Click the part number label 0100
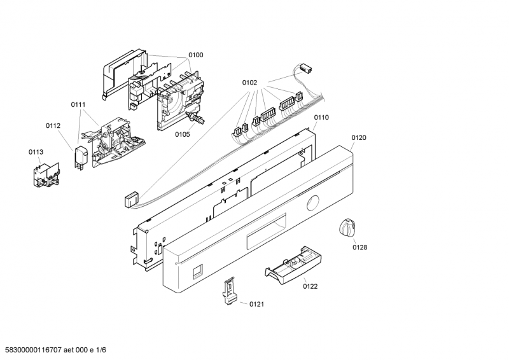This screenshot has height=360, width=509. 196,55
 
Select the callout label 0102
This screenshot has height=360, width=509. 249,83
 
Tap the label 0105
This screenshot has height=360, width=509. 183,134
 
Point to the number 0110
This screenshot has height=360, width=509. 321,118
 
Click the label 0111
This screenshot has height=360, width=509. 78,104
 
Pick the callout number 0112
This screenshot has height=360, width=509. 53,126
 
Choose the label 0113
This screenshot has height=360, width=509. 36,152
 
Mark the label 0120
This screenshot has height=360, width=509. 359,137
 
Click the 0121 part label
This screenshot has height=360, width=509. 256,304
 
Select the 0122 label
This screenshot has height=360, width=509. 310,286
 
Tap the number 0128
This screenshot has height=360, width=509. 360,247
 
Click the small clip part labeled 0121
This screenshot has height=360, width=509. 230,291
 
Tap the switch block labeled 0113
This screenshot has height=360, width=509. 46,174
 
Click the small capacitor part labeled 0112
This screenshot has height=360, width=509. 81,157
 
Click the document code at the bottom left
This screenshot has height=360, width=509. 53,350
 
